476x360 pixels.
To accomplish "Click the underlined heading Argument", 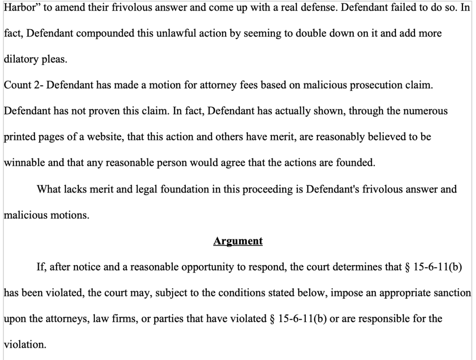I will (238, 242).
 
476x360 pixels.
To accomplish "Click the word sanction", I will (452, 294).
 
